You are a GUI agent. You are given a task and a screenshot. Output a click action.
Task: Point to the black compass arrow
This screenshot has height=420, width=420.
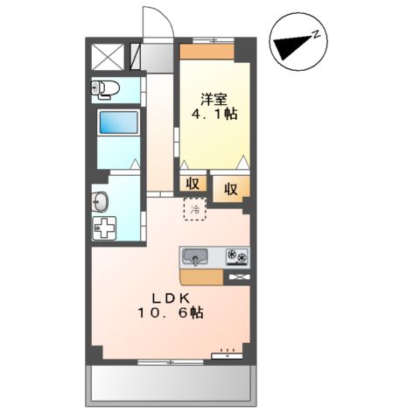(x=290, y=45)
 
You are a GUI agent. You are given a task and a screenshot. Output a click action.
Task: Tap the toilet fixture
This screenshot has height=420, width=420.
(x=105, y=88)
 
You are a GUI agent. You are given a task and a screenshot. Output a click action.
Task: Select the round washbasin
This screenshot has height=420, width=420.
(x=100, y=202)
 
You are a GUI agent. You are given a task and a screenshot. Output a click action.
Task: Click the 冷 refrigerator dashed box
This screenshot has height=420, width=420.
(x=195, y=209)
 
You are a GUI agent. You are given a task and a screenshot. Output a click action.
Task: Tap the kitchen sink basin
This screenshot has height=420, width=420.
(x=196, y=256)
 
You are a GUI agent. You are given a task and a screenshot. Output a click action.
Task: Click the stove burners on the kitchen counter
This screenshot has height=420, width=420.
(x=237, y=256)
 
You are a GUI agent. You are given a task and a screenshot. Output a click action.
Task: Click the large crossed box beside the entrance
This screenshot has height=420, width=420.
(x=109, y=56)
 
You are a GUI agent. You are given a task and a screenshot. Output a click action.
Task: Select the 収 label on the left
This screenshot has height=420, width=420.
(x=192, y=184)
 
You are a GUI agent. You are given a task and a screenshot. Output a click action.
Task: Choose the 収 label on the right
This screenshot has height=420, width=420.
(x=230, y=187)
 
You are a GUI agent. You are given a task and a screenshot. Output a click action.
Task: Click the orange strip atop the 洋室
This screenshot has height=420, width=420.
(x=206, y=51)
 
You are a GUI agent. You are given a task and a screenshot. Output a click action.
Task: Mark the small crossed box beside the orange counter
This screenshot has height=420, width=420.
(x=238, y=277)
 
